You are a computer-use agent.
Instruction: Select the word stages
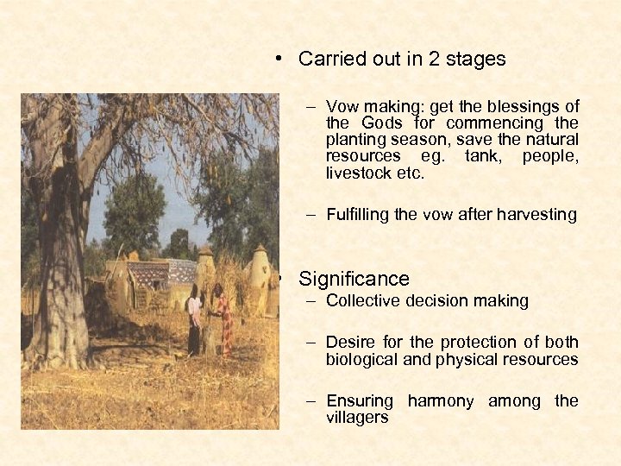tap(471, 60)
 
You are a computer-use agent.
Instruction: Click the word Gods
tap(382, 123)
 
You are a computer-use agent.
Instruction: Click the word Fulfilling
tap(358, 215)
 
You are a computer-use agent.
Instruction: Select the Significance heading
tap(354, 279)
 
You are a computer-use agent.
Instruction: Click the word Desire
tap(349, 343)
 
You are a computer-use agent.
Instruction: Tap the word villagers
tap(357, 417)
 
